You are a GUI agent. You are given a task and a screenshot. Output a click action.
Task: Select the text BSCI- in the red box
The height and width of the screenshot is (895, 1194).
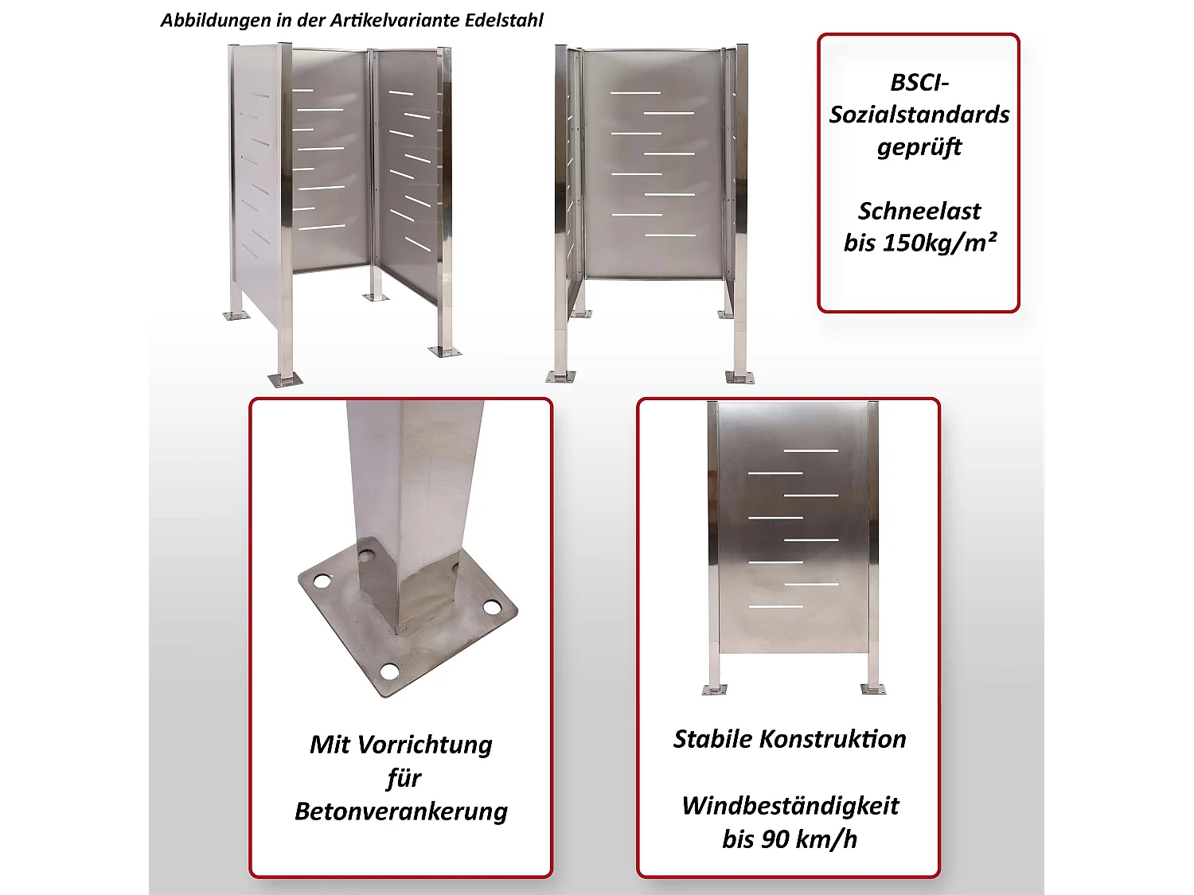click(x=919, y=83)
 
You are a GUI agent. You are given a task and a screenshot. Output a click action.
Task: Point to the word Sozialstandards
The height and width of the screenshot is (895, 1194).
click(x=919, y=115)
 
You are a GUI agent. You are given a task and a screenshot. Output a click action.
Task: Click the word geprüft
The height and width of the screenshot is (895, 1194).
click(x=919, y=148)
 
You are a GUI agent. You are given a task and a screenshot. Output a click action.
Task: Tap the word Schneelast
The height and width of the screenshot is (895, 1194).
click(x=919, y=211)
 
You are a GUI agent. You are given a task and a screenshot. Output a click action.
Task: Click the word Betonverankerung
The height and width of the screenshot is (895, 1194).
click(x=400, y=811)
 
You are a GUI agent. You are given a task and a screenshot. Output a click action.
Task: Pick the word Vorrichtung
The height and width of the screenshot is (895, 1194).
click(x=424, y=745)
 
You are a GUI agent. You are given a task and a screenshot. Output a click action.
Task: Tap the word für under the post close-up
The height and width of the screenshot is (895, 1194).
click(x=403, y=778)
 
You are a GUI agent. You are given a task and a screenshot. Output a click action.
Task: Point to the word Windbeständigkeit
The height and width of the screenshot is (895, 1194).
click(x=790, y=806)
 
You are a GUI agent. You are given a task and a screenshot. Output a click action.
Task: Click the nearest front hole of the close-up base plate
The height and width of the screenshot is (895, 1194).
click(x=389, y=671)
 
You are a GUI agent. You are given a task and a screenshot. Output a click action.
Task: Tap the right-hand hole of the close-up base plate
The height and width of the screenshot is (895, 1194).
click(x=493, y=608)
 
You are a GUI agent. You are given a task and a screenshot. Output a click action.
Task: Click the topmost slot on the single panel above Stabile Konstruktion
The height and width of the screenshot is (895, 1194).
click(x=810, y=451)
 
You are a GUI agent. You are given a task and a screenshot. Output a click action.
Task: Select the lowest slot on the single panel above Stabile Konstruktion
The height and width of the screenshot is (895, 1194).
click(x=775, y=607)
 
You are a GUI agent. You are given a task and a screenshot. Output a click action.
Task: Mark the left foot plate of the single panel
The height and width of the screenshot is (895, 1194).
click(x=714, y=689)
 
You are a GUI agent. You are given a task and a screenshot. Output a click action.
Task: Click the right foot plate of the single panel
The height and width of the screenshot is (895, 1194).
click(x=873, y=688)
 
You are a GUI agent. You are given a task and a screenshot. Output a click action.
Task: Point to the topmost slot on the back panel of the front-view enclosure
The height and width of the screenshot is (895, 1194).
click(x=635, y=93)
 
